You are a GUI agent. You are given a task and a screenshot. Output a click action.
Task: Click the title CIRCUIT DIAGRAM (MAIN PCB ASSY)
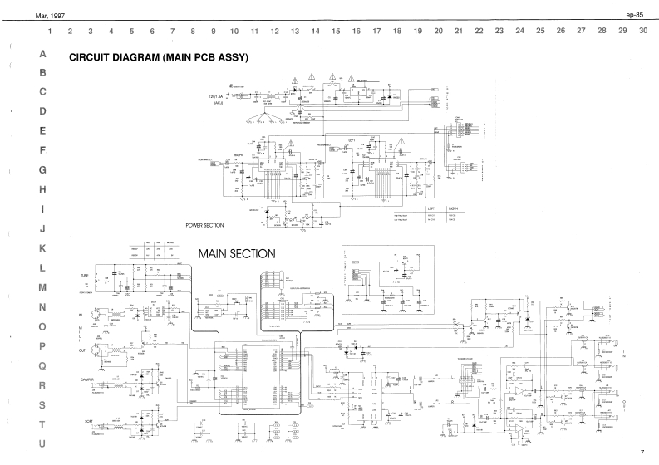point(159,59)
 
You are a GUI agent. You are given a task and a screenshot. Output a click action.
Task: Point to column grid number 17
point(376,31)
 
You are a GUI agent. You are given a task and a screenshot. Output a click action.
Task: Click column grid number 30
point(643,31)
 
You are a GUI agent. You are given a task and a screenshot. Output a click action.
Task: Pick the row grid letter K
point(42,248)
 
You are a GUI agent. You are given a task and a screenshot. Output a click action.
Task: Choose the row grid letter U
point(42,444)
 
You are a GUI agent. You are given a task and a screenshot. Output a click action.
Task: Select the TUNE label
point(86,275)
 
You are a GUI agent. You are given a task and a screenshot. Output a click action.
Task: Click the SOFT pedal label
point(88,421)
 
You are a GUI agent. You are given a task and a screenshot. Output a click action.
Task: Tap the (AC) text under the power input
point(219,103)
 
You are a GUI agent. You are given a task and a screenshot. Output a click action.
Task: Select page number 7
point(642,453)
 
